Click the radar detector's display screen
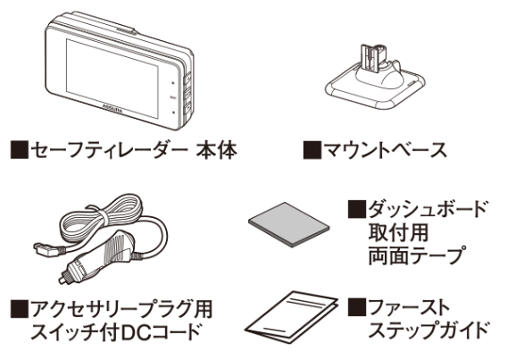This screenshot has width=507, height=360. (x=112, y=79)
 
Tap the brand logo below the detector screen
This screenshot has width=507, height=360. (x=112, y=109)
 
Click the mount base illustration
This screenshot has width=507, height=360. (x=375, y=79)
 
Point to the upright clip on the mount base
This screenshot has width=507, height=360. (x=371, y=61)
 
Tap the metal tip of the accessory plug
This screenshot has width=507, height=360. (x=62, y=280)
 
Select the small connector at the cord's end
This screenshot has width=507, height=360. (x=46, y=250)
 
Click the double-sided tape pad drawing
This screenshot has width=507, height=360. (x=288, y=224)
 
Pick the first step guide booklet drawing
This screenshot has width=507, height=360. (x=291, y=316)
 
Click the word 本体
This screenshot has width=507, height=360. (x=217, y=150)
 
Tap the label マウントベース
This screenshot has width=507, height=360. (x=385, y=150)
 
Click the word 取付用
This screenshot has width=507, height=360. (x=398, y=232)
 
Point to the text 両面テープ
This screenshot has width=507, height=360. (x=418, y=255)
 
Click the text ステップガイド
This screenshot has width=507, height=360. (x=428, y=330)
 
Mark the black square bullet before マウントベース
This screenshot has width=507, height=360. (x=312, y=150)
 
